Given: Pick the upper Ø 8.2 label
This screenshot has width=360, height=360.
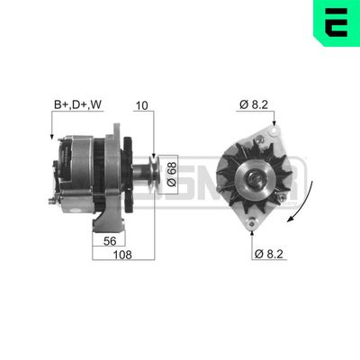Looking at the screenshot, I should (254, 106).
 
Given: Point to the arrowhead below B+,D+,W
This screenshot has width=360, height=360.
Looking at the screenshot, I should (53, 138).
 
